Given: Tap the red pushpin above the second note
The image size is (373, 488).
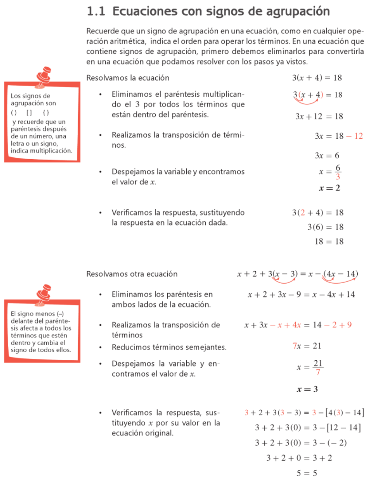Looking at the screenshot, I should pos(45,292).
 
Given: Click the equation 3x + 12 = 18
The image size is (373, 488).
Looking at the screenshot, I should pos(319,116).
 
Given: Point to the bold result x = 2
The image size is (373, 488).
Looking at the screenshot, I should pos(329,188).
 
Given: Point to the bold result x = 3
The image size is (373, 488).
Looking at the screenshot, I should pos(307,389).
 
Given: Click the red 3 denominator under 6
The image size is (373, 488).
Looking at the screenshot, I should pos(338,177).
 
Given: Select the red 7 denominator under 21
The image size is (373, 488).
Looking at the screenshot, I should pos(318,373).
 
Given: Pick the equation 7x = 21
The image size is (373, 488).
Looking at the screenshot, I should pos(307,346).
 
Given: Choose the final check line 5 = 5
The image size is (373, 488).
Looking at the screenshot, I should pos(307,473).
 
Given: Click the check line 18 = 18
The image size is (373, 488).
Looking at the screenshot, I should pos(329,242).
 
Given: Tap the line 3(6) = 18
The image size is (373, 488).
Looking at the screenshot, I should pos(325,227).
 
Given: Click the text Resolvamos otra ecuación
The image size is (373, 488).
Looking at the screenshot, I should pos(132,274).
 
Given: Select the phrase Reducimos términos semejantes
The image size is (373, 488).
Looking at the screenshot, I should pos(169,347).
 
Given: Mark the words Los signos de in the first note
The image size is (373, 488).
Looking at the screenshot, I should pos(30,96).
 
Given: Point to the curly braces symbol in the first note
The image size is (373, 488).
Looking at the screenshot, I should pos(46,113).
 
